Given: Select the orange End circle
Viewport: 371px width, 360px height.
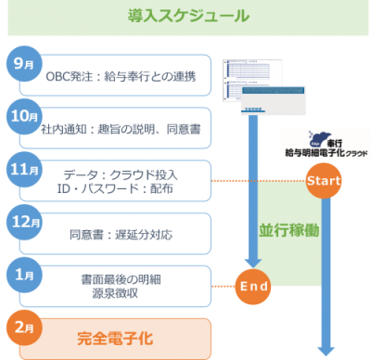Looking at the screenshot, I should pos(252,286).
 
